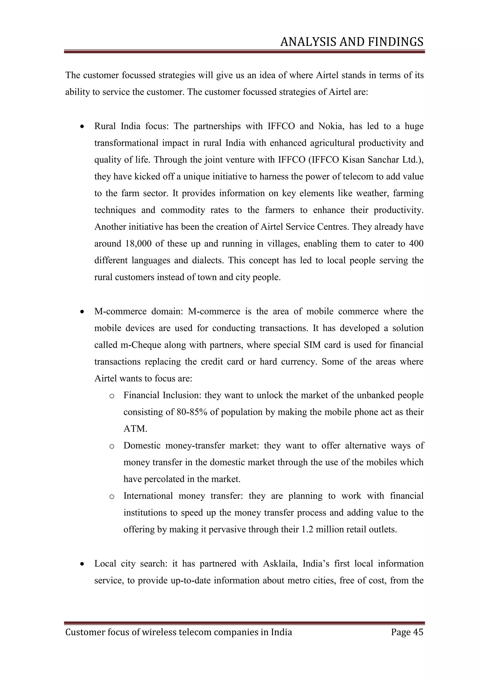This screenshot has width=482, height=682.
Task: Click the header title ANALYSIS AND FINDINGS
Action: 352,42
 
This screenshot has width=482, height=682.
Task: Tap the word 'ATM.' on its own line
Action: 135,429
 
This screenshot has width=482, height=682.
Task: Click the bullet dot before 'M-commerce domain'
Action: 82,312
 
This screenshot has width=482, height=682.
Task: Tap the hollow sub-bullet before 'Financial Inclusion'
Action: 112,396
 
